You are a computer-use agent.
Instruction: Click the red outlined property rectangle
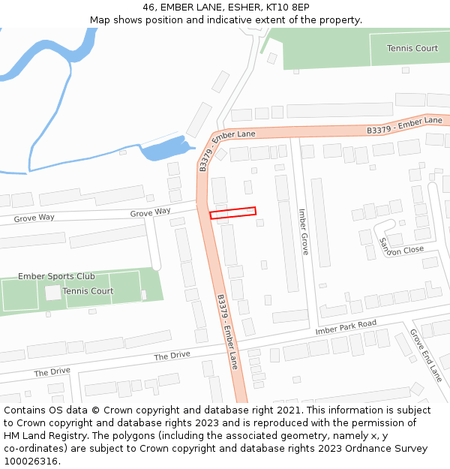click(232, 213)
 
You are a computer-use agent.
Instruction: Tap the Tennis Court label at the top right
click(412, 48)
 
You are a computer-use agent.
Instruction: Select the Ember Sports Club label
click(56, 276)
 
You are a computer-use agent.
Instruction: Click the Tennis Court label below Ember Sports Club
click(88, 291)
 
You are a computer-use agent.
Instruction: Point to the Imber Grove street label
click(304, 231)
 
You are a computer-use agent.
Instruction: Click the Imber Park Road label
click(346, 326)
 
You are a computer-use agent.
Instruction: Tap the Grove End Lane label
click(426, 356)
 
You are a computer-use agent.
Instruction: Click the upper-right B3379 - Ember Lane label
click(404, 125)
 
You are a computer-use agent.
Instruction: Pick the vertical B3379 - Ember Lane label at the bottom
click(227, 330)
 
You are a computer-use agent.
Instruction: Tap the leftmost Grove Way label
click(34, 218)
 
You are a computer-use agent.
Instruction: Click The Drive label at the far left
click(52, 371)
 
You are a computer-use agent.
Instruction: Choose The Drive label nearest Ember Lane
click(172, 356)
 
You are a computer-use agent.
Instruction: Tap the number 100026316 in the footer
click(31, 461)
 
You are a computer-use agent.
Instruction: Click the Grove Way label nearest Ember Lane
click(150, 213)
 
